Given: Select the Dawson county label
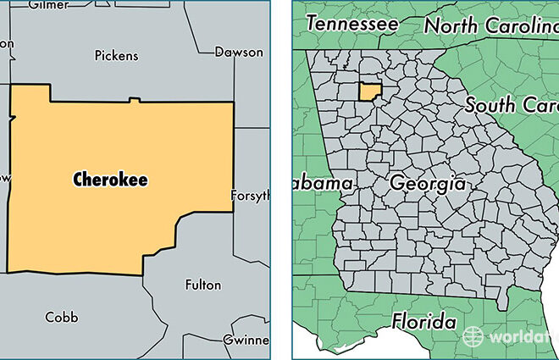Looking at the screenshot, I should click(x=238, y=52).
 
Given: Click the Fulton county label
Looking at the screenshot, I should click(x=202, y=285).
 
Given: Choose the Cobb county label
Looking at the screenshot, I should click(x=61, y=317).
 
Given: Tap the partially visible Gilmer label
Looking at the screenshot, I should click(x=49, y=5).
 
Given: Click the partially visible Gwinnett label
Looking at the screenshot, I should click(x=246, y=339).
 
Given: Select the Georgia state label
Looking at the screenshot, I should click(x=427, y=182).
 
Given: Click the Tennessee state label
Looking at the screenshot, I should click(x=351, y=25).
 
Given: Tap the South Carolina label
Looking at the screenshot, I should click(x=512, y=107).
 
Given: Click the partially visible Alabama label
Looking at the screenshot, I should click(x=323, y=183).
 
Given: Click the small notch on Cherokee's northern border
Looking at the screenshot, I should click(x=132, y=101).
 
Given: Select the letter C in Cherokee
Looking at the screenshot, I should click(x=78, y=179).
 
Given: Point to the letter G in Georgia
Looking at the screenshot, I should click(x=396, y=183).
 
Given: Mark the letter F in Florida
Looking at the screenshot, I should click(x=397, y=322).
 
